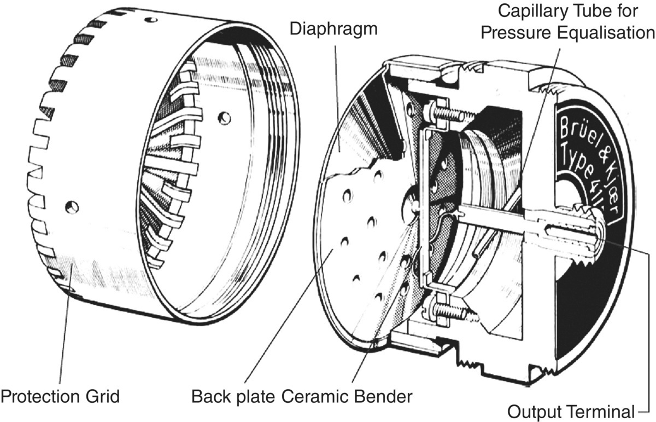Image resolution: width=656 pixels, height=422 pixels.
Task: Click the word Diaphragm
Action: pos(334,28)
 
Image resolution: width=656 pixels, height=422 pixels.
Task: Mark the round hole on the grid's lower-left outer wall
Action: pos(70,206)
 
